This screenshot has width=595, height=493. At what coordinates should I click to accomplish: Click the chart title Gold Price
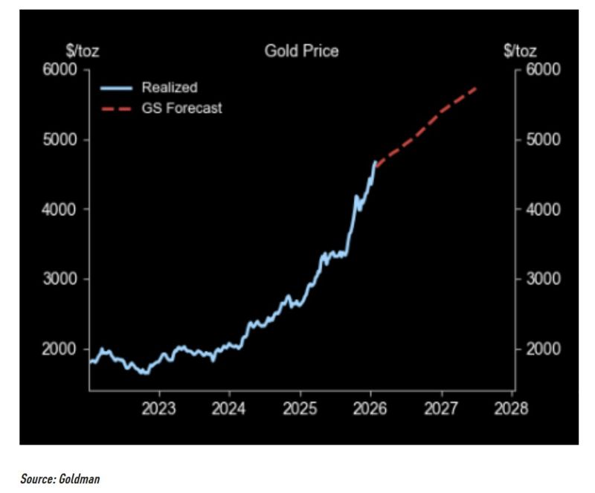[x=301, y=51]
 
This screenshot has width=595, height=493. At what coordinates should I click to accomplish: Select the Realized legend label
[x=170, y=88]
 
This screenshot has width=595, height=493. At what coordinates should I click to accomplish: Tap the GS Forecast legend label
[x=181, y=109]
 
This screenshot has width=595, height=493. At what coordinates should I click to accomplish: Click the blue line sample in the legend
[x=117, y=88]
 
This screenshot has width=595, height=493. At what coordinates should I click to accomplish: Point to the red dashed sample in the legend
[x=117, y=109]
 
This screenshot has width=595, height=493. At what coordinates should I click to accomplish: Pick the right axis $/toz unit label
[x=519, y=51]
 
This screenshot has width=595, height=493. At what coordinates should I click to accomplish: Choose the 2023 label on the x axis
[x=158, y=408]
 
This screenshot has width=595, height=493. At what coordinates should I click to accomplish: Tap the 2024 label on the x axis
[x=229, y=408]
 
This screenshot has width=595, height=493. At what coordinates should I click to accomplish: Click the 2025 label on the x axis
[x=300, y=408]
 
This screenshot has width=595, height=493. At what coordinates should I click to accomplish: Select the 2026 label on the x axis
[x=370, y=408]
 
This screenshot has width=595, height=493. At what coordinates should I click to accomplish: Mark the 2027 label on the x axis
[x=441, y=408]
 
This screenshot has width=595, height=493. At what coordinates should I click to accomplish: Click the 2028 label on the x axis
[x=512, y=408]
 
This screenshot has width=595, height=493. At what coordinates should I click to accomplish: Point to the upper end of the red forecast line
[x=476, y=87]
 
